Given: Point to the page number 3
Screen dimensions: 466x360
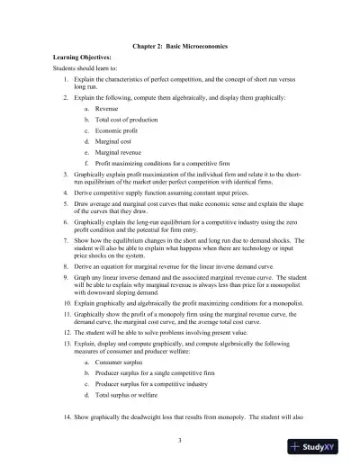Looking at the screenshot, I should (180, 439).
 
